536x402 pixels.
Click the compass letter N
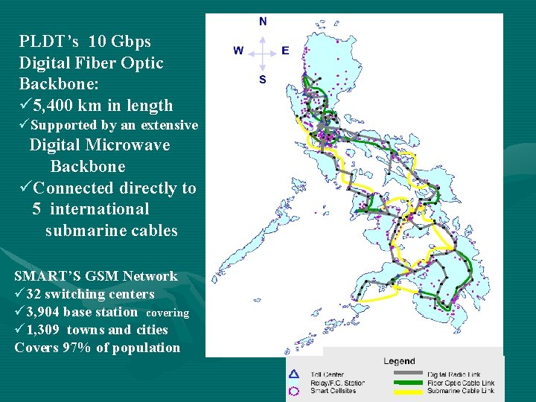coord(262,22)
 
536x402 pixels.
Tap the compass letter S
coord(262,79)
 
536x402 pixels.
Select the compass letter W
coord(238,51)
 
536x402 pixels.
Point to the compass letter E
coord(285,51)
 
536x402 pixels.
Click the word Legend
coord(400,362)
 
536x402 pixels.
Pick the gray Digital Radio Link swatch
coord(406,374)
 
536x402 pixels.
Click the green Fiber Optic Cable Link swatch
coord(406,383)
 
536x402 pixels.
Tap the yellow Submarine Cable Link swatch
coord(406,391)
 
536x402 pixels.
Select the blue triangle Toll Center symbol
coord(294,374)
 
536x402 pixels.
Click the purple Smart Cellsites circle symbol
coord(294,391)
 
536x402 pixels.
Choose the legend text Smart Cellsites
coord(334,391)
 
